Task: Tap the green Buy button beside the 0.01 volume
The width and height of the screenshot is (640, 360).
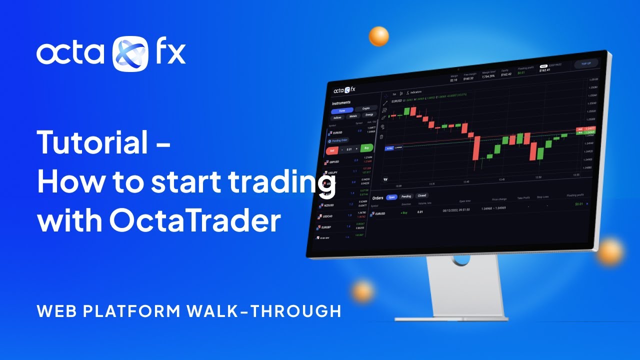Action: pyautogui.click(x=366, y=148)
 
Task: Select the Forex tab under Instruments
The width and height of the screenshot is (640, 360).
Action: pyautogui.click(x=342, y=110)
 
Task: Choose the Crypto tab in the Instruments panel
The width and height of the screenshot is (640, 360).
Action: pyautogui.click(x=365, y=108)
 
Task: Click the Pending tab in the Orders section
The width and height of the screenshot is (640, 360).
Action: pyautogui.click(x=406, y=196)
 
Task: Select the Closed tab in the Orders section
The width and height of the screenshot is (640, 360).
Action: pyautogui.click(x=422, y=195)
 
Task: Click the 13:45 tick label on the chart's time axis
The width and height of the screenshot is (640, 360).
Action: pyautogui.click(x=501, y=179)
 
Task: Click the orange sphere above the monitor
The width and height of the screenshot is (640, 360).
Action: pyautogui.click(x=378, y=36)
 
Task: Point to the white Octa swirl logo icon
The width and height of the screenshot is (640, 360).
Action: pyautogui.click(x=130, y=53)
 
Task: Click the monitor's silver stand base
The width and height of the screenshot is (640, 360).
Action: pyautogui.click(x=451, y=316)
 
